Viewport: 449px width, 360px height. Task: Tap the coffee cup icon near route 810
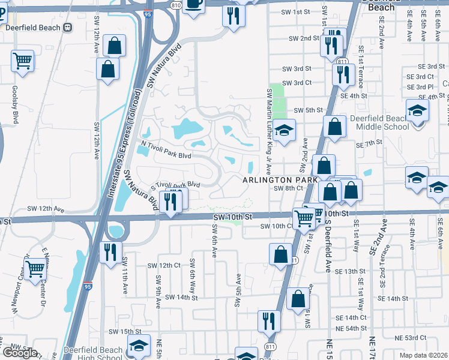(194, 4)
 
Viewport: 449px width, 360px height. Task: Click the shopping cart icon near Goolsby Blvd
(22, 61)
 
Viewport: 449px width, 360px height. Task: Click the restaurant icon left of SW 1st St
(233, 14)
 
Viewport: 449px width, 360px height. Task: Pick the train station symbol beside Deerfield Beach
(67, 27)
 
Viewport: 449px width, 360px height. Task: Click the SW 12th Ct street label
(164, 265)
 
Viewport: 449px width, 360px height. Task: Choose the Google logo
(19, 352)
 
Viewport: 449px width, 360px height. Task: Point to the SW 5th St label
(309, 110)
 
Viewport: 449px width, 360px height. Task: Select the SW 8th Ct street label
(286, 188)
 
